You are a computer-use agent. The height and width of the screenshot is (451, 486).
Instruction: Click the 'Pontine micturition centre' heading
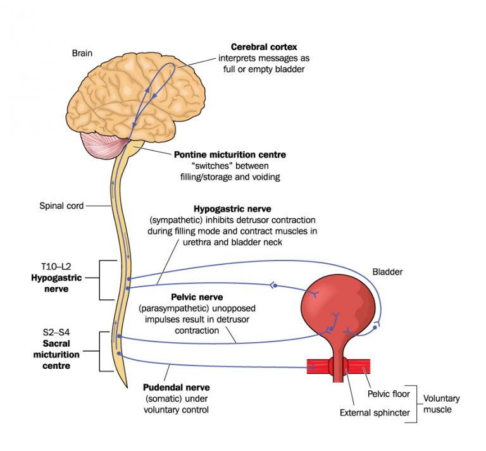[230, 155]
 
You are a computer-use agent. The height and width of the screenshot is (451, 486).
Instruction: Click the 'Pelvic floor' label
[390, 393]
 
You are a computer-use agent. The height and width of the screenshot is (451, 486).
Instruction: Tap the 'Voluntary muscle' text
[441, 404]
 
